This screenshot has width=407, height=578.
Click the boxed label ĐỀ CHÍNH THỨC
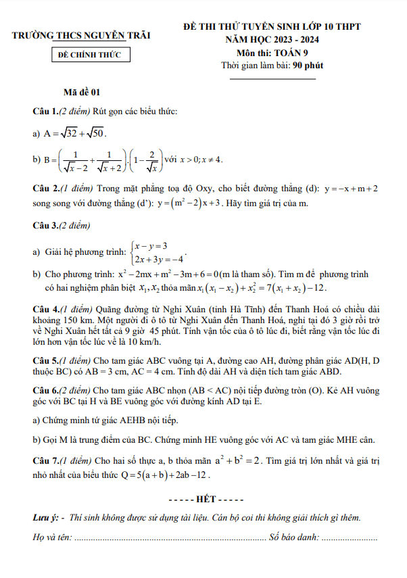pos(90,55)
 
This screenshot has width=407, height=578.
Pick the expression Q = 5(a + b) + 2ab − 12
pos(164,475)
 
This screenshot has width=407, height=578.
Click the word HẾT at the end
pos(204,499)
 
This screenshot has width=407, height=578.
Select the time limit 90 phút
pos(298,66)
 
